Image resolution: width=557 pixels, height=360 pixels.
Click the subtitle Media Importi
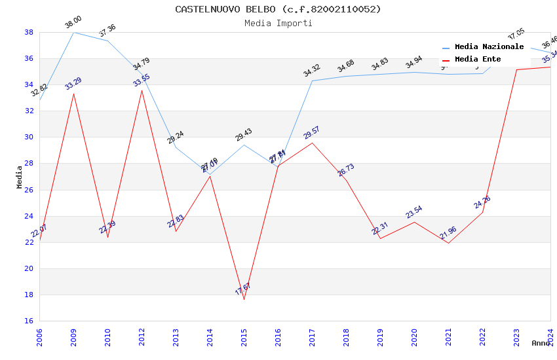[x=278, y=23]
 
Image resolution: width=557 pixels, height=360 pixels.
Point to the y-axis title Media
[x=20, y=177]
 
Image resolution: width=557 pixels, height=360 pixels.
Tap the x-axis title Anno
[x=541, y=343]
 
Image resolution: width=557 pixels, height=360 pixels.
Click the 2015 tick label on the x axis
[x=244, y=337]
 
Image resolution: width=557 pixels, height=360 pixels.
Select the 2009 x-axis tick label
[x=73, y=337]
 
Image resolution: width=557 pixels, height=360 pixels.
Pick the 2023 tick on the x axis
[x=516, y=337]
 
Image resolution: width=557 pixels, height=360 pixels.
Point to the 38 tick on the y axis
[x=29, y=32]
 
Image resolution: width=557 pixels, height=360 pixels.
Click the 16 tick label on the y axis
[x=29, y=321]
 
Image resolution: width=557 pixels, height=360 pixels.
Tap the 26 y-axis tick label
[x=29, y=190]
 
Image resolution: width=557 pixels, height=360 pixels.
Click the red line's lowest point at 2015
[x=244, y=299]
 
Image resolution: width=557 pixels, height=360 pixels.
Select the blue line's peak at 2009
[x=73, y=32]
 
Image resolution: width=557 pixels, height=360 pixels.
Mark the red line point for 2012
[x=142, y=90]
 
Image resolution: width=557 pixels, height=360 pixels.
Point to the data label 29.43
[x=244, y=135]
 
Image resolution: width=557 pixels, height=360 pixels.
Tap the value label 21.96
[x=448, y=233]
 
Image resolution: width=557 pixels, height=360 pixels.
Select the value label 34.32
[x=312, y=71]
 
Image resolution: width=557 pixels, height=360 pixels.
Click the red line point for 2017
[x=312, y=143]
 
